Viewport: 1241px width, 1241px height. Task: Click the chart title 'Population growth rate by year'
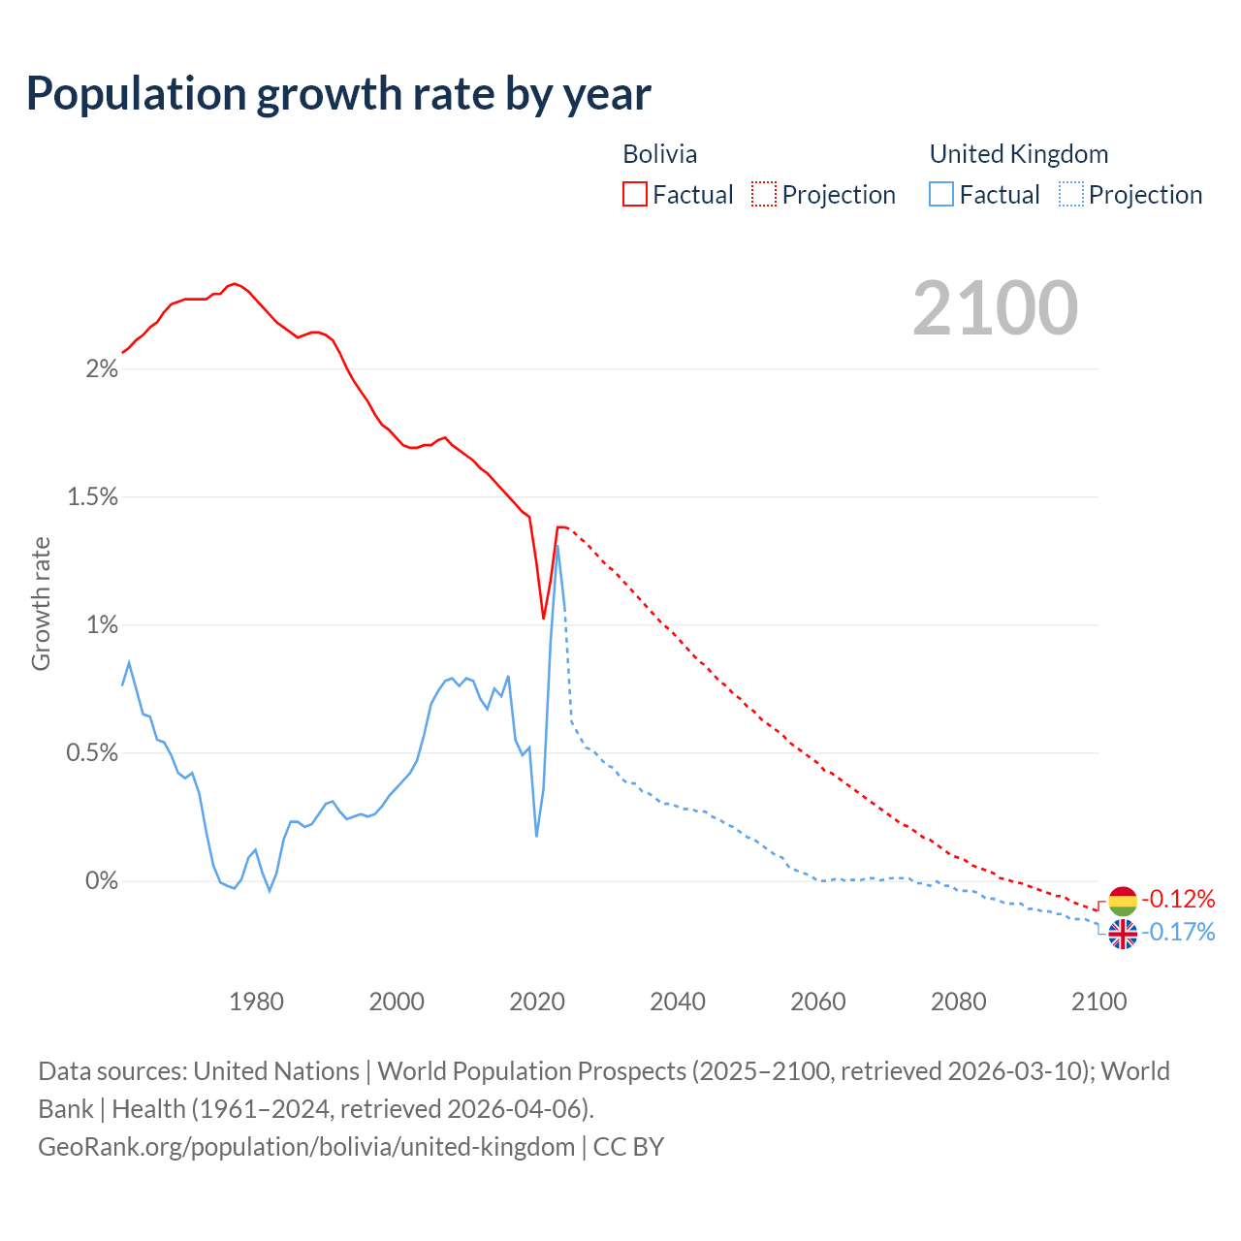[338, 94]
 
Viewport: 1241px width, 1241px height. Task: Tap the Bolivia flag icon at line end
[1122, 901]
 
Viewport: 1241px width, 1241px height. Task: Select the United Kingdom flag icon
[1122, 934]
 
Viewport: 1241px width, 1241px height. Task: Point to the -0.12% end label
[1178, 899]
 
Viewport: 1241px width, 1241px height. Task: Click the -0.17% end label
[1178, 933]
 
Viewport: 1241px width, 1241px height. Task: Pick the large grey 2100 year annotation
[995, 308]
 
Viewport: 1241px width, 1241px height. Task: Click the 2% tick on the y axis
[102, 369]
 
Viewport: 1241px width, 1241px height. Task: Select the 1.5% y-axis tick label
[92, 497]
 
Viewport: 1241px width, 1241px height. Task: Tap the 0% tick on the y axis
[102, 881]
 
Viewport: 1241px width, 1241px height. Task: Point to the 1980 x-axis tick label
[256, 1002]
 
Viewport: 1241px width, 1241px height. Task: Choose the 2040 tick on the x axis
[678, 1002]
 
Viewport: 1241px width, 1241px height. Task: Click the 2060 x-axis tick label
[818, 1002]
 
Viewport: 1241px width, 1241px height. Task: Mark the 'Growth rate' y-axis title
[41, 603]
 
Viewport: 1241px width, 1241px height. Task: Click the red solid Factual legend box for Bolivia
[635, 195]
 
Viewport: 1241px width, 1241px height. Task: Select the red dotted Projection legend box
[764, 195]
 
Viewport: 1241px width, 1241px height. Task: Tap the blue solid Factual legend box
[941, 195]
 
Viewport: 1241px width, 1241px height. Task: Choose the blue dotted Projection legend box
[1070, 195]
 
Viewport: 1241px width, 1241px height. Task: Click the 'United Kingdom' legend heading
[1018, 154]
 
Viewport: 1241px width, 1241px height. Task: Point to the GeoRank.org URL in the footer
[306, 1147]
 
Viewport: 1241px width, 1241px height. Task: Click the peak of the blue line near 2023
[557, 547]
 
